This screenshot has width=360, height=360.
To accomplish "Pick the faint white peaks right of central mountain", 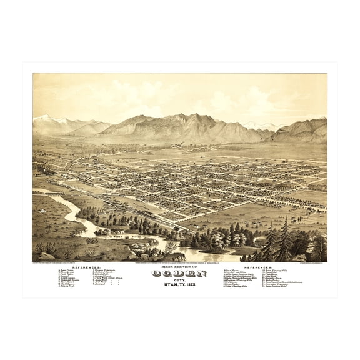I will tap(253, 124).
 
